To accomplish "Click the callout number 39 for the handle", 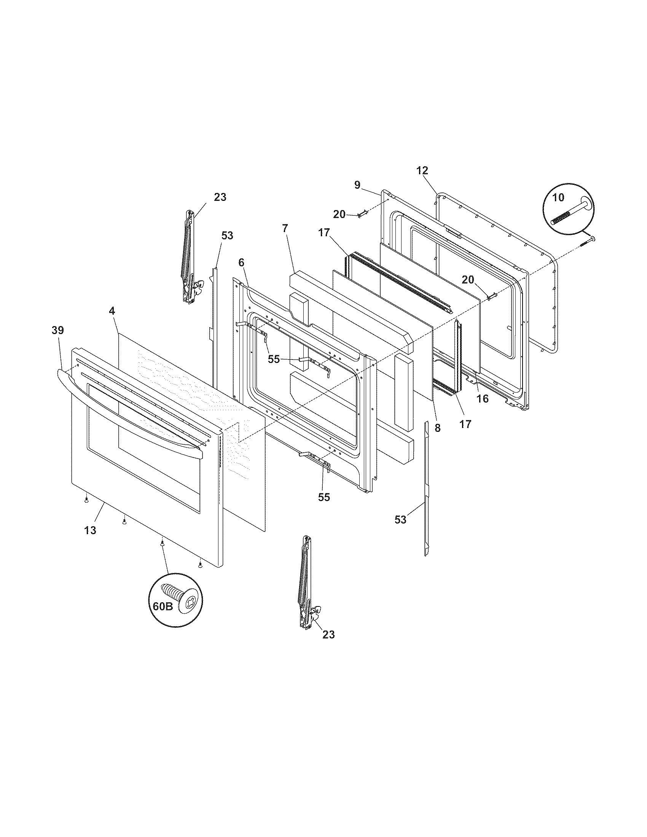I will [x=58, y=330].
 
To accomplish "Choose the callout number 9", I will [x=357, y=185].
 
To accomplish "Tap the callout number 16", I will [x=483, y=399].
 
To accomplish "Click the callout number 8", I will [x=437, y=428].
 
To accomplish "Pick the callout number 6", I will [x=241, y=263].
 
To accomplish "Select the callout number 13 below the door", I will [x=91, y=530].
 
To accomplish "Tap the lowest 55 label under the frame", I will [x=324, y=497].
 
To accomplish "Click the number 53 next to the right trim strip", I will [x=400, y=520].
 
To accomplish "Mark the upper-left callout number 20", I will [x=339, y=214].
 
